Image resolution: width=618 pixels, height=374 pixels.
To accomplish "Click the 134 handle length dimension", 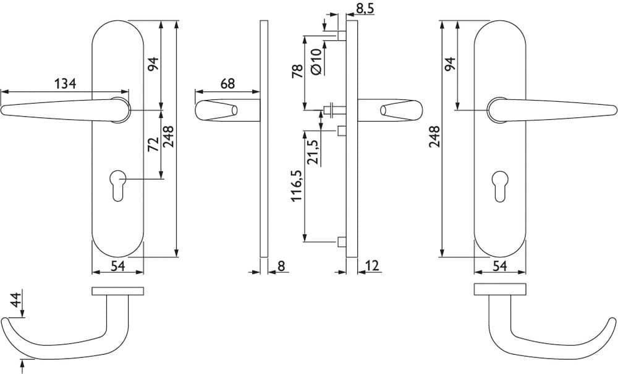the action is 65,83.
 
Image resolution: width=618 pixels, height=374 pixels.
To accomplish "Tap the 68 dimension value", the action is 227,83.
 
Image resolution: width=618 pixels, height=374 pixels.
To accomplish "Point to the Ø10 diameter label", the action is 316,62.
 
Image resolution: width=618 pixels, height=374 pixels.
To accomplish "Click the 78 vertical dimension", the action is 298,71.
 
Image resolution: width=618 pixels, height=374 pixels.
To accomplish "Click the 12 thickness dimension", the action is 371,266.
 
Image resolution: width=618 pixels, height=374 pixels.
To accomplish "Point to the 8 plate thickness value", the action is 281,266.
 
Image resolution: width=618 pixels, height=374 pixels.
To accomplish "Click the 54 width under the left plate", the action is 117,266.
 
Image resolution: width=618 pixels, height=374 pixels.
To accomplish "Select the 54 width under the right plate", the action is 500,266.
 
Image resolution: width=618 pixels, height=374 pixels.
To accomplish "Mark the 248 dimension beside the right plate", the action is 434,136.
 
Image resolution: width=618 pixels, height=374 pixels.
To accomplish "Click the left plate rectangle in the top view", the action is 118,291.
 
